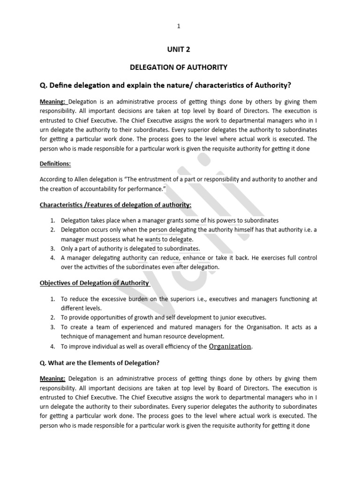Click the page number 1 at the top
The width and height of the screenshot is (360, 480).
[179, 26]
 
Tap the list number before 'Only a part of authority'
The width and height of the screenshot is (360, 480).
[52, 248]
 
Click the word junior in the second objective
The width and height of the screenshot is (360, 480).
[219, 317]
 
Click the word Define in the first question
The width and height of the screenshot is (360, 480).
[65, 84]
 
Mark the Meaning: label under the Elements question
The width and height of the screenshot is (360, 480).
[53, 378]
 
